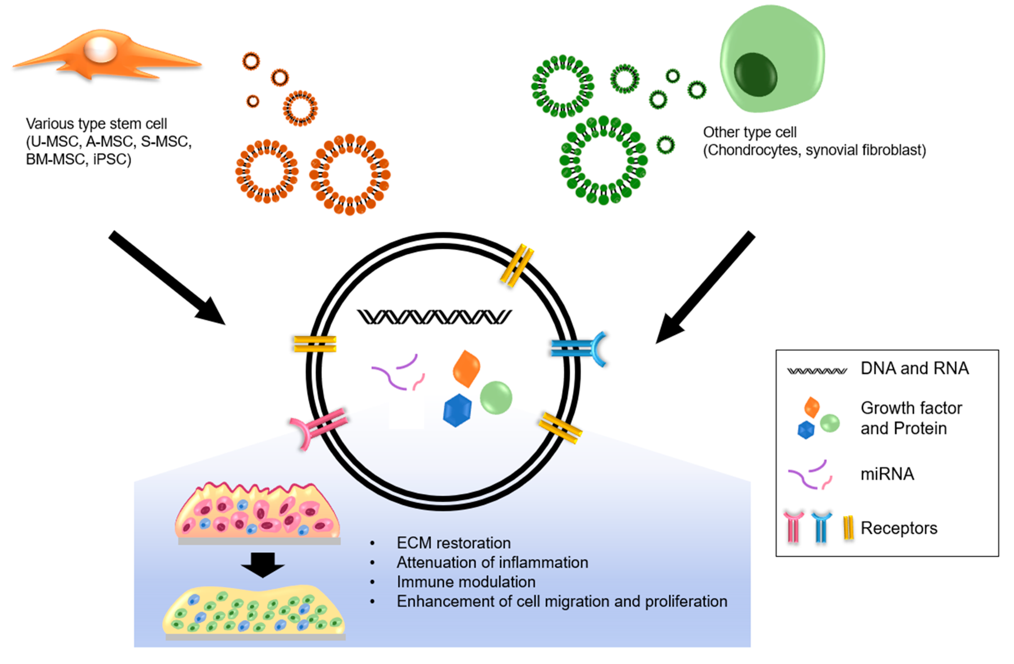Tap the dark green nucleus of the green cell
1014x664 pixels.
pos(755,74)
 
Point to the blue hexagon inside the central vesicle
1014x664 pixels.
pos(457,410)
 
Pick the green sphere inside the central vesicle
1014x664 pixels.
pos(496,398)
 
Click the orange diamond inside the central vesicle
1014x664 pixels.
pos(467,369)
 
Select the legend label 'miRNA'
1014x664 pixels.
pos(887,474)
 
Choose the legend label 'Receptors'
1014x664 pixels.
pos(899,528)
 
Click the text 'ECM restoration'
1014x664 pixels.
pos(454,543)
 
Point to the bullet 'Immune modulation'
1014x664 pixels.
pos(466,582)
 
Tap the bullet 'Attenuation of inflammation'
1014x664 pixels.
pos(492,562)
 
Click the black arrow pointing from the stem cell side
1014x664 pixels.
pos(167,278)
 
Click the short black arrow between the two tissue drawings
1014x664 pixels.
pos(262,565)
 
